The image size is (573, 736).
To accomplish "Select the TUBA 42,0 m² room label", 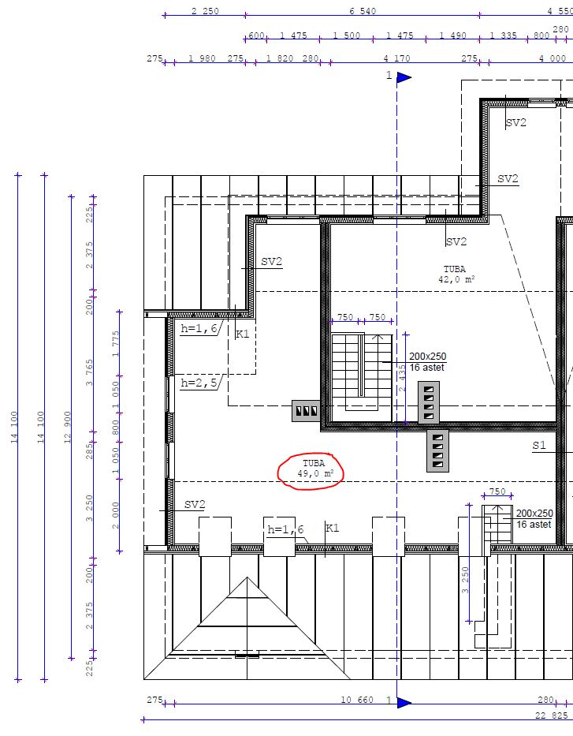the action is click(x=456, y=274).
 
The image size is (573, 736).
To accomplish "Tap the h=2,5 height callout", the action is click(x=199, y=383).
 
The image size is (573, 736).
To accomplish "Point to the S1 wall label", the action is click(x=539, y=445).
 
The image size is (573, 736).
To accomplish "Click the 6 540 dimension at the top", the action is click(x=363, y=11).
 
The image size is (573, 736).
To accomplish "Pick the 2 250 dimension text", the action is click(x=205, y=11).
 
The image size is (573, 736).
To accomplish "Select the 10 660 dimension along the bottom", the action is click(x=357, y=700).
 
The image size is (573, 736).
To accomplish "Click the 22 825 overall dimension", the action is click(x=552, y=715).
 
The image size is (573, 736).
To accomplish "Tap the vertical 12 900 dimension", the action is click(x=67, y=427).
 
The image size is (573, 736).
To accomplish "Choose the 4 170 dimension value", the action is click(x=396, y=58).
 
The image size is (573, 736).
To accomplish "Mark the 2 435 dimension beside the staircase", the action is click(x=402, y=379).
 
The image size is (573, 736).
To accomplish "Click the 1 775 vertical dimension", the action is click(x=116, y=344).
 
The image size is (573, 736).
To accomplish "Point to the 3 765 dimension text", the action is click(x=90, y=372).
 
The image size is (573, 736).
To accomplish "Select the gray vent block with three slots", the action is click(x=307, y=411).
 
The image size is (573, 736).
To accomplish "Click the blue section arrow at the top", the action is click(x=404, y=77).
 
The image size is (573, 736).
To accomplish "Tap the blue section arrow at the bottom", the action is click(x=404, y=702).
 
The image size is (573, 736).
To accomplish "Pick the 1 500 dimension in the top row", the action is click(x=347, y=35).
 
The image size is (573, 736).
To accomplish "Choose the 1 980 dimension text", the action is click(x=202, y=58).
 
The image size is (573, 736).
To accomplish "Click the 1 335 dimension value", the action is click(x=503, y=35).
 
